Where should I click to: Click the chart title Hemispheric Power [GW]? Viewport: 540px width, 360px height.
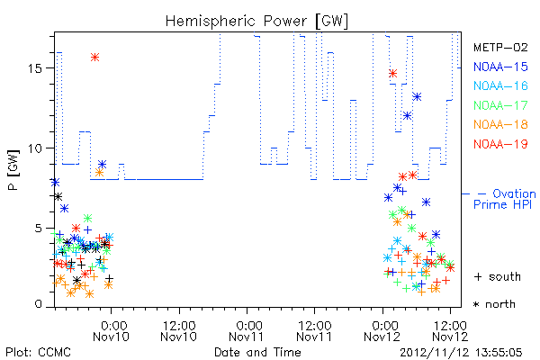(x=256, y=22)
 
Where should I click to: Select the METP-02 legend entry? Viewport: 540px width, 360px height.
(x=500, y=47)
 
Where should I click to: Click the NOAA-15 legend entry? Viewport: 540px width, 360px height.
(x=500, y=67)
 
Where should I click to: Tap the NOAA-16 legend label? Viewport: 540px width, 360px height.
(x=500, y=85)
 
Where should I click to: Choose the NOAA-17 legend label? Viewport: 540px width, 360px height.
(x=500, y=105)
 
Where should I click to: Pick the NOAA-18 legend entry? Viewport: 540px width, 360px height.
(x=500, y=124)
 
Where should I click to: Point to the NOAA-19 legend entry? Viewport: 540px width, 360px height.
(x=500, y=144)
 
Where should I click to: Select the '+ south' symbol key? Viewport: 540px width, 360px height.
(x=498, y=276)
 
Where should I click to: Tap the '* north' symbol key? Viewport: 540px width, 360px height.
(x=494, y=304)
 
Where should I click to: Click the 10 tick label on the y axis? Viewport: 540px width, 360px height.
(x=35, y=148)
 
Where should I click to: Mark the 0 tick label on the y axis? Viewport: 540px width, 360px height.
(x=38, y=304)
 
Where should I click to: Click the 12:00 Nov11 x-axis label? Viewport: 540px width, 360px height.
(x=314, y=331)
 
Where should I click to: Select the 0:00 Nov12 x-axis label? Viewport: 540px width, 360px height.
(x=382, y=331)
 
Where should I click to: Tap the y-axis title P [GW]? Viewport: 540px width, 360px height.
(x=13, y=169)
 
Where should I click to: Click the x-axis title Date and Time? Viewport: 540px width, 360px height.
(x=257, y=353)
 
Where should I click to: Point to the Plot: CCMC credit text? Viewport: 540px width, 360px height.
(x=38, y=353)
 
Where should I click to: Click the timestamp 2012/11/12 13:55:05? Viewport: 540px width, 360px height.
(x=461, y=353)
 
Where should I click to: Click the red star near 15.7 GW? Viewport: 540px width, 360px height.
(x=95, y=58)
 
